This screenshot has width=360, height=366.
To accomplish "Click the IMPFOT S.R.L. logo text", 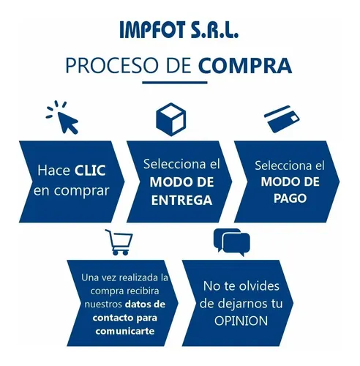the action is pyautogui.click(x=179, y=30).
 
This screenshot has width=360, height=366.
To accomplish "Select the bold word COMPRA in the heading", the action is pyautogui.click(x=245, y=66).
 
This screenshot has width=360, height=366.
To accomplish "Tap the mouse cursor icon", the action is pyautogui.click(x=62, y=117).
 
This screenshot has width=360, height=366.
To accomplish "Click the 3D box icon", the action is pyautogui.click(x=171, y=119).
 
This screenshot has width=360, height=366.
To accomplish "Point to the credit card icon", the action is pyautogui.click(x=282, y=119).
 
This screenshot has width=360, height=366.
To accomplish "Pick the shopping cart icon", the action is pyautogui.click(x=119, y=242).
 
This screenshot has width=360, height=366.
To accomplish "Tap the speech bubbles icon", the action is pyautogui.click(x=232, y=242).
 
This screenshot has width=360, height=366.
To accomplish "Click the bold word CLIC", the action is pyautogui.click(x=90, y=171).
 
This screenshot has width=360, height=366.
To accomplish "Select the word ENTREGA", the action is pyautogui.click(x=181, y=201).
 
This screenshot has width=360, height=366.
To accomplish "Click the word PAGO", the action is pyautogui.click(x=290, y=198).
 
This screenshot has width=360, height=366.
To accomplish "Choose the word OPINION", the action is pyautogui.click(x=241, y=321).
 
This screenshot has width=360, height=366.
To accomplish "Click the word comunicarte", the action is pyautogui.click(x=125, y=331).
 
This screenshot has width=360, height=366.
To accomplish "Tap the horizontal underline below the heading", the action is pyautogui.click(x=175, y=83).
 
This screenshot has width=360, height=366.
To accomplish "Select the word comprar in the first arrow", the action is pyautogui.click(x=81, y=191).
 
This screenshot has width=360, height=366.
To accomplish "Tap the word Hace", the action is pyautogui.click(x=54, y=171).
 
